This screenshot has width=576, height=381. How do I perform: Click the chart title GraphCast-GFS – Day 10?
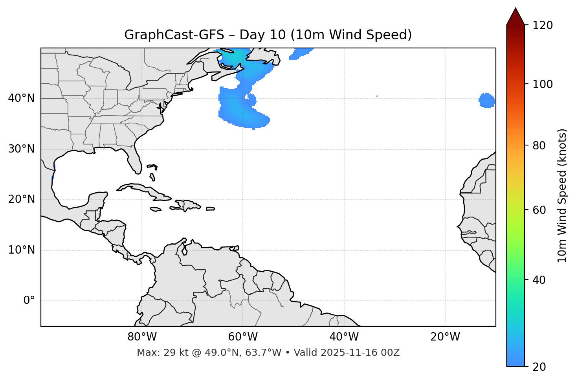[x=268, y=35]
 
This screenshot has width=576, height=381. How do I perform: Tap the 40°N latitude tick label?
[x=21, y=98]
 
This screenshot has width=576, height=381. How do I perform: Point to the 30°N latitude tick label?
[x=21, y=149]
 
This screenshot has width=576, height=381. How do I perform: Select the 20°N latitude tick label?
[x=21, y=199]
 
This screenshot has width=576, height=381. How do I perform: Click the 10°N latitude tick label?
[x=21, y=250]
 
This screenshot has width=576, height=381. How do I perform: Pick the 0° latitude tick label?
[x=29, y=301]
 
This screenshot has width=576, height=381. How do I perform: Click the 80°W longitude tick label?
[x=142, y=337]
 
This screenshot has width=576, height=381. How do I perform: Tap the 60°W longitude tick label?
[x=243, y=337]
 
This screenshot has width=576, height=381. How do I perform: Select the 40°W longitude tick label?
[x=344, y=337]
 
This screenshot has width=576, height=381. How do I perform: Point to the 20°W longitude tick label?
[x=445, y=337]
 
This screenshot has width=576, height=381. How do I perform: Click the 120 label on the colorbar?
[x=543, y=26]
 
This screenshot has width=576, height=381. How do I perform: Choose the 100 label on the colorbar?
[x=543, y=84]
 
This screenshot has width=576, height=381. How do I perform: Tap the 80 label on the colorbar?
[x=539, y=145]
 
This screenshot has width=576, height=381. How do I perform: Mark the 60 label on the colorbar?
[x=539, y=210]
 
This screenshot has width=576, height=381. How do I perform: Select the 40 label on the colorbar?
[x=539, y=280]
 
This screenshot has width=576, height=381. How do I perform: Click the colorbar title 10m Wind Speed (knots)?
[x=562, y=196]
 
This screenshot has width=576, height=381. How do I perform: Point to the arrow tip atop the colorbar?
[x=515, y=9]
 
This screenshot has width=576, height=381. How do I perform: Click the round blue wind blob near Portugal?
[x=487, y=101]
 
